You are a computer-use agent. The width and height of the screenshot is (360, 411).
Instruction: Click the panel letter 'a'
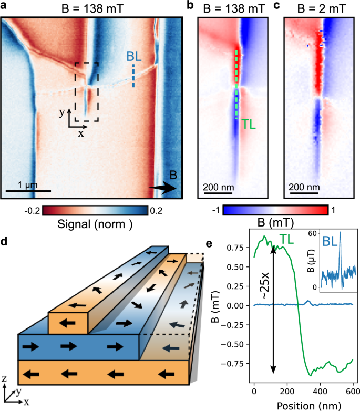pos(5,6)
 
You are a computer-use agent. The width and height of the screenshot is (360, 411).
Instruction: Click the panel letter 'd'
pos(5,243)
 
